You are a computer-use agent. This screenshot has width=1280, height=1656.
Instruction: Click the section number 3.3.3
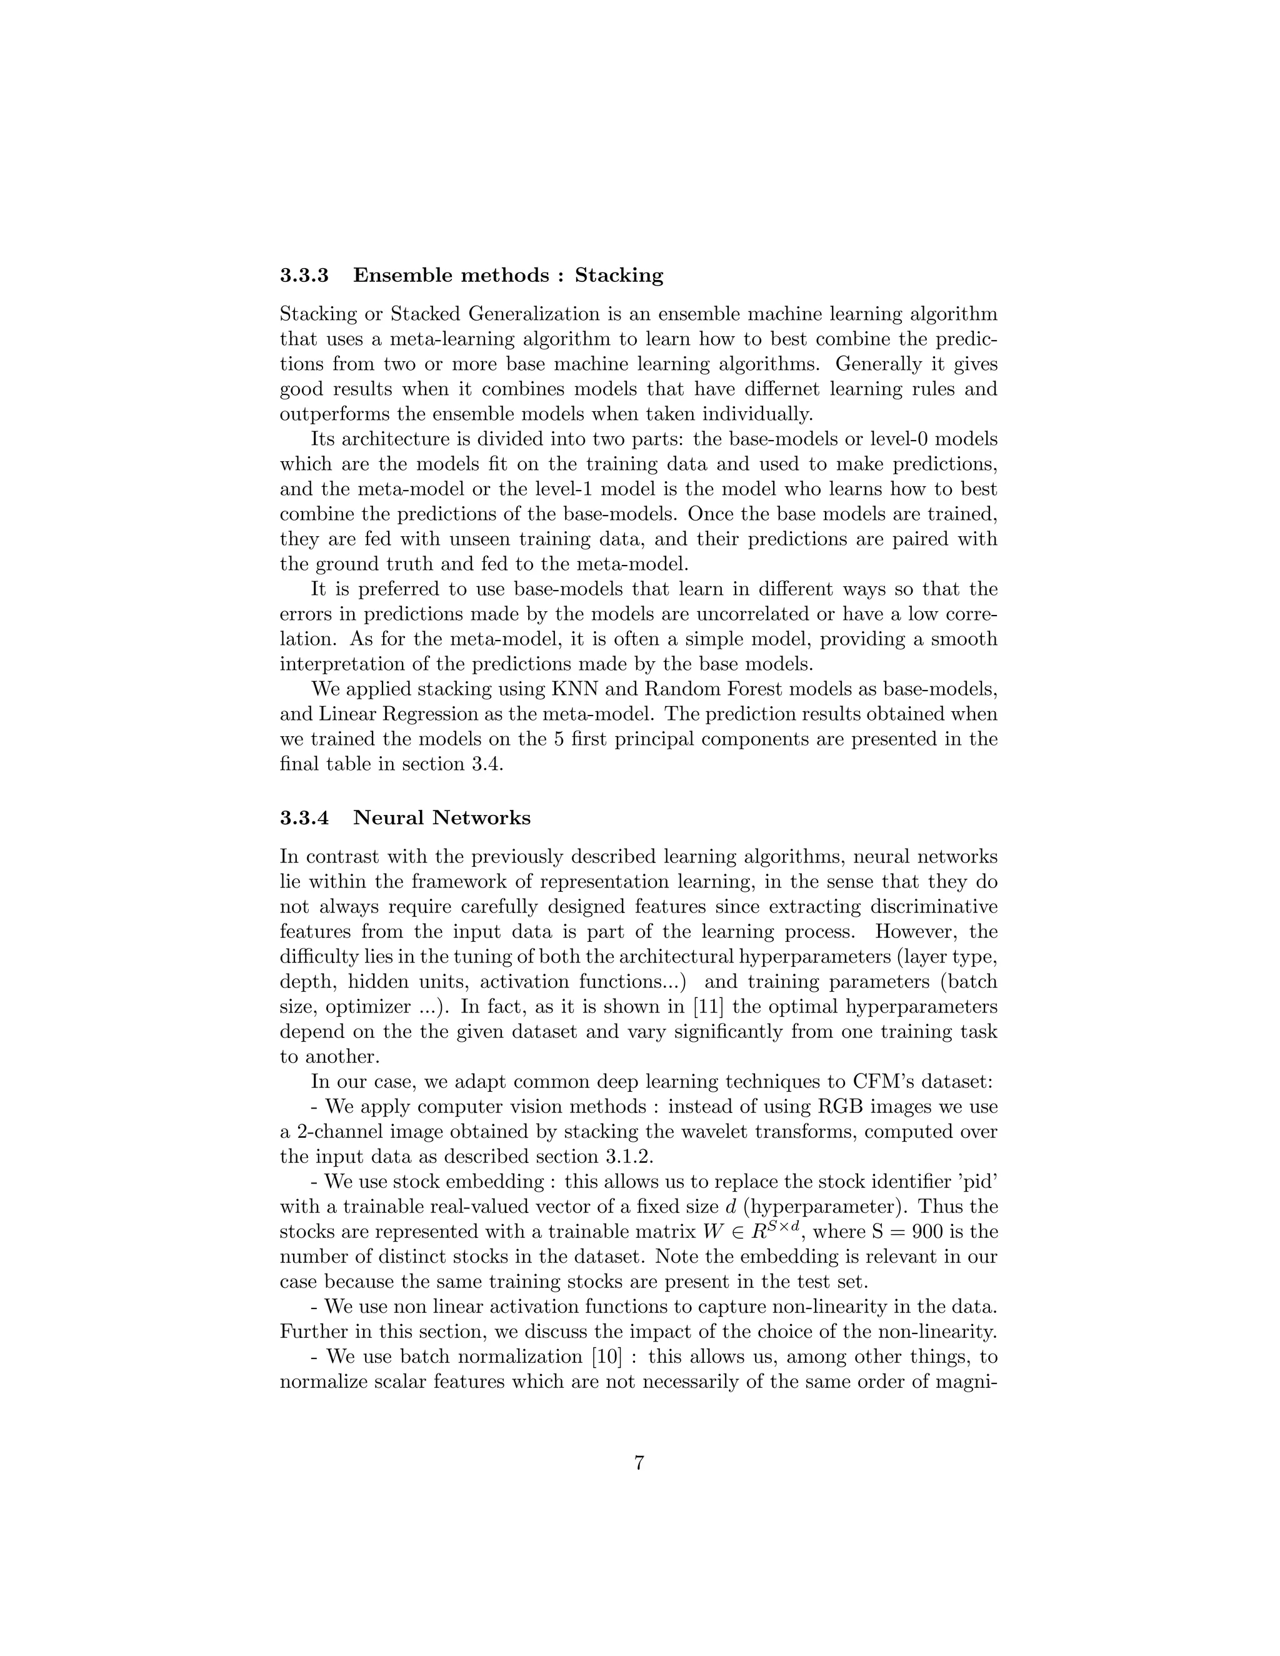[x=304, y=275]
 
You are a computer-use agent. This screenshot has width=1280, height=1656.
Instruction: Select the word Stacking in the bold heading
[x=619, y=275]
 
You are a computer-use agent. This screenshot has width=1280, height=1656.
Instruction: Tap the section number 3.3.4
[x=304, y=818]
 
